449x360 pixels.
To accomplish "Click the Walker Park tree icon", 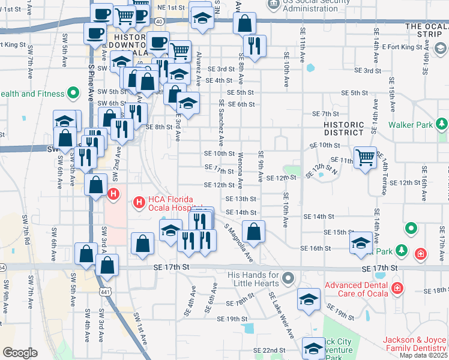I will coord(442,125).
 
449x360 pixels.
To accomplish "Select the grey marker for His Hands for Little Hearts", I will coord(289,278).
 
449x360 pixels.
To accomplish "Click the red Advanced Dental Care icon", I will coord(397,289).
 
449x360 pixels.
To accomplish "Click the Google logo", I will coord(20,353).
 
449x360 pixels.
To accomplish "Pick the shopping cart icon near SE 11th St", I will coord(365,158).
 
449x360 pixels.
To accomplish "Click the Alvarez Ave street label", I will coord(198,67).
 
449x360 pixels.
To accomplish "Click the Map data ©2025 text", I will coord(423,355).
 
